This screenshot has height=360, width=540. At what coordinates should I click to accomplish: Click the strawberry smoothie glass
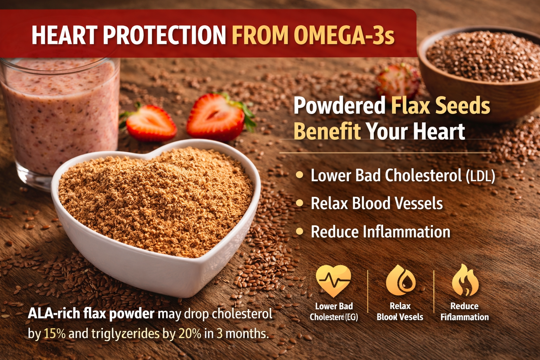pyautogui.click(x=60, y=116)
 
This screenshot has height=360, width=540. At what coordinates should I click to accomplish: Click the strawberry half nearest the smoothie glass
pyautogui.click(x=150, y=123)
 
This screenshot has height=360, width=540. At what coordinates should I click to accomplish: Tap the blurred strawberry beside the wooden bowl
pyautogui.click(x=397, y=81)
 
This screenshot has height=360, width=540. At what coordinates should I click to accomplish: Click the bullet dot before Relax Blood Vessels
pyautogui.click(x=300, y=203)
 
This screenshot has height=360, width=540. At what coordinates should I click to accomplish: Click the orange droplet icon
pyautogui.click(x=400, y=281)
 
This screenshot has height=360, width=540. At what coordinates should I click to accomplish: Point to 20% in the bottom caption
pyautogui.click(x=189, y=333)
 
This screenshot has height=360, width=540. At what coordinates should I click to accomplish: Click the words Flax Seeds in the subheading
pyautogui.click(x=441, y=105)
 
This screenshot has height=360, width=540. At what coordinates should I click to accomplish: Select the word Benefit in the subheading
pyautogui.click(x=327, y=131)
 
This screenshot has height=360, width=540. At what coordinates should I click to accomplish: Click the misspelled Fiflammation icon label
pyautogui.click(x=464, y=317)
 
